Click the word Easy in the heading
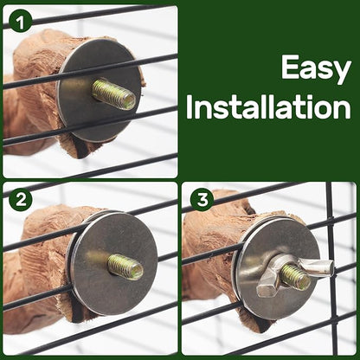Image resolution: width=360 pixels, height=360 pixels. (306, 68)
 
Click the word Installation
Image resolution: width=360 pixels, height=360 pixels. (269, 108)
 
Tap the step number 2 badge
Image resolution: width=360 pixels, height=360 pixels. (19, 199)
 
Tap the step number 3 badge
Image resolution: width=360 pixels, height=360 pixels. (202, 199)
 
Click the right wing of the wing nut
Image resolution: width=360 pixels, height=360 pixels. (318, 269)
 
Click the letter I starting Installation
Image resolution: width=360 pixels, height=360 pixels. (193, 108)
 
